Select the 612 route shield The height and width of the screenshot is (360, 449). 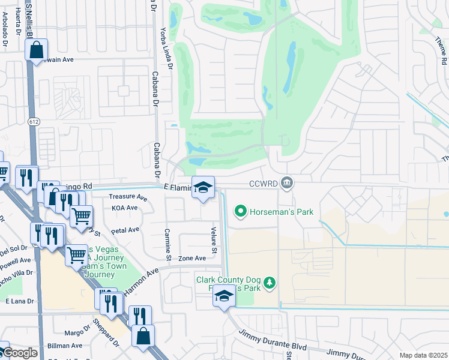pyautogui.click(x=32, y=121)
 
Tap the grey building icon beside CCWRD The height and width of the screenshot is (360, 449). pyautogui.click(x=288, y=182)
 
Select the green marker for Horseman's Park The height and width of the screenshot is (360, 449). pyautogui.click(x=241, y=211)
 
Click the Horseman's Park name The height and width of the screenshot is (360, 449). pyautogui.click(x=282, y=212)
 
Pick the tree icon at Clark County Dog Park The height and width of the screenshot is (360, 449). pyautogui.click(x=270, y=283)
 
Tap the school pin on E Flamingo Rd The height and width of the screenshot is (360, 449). pyautogui.click(x=203, y=188)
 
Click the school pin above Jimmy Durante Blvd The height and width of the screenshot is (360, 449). pyautogui.click(x=224, y=296)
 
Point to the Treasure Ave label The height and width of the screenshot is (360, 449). pyautogui.click(x=128, y=197)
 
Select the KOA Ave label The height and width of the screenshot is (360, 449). pyautogui.click(x=124, y=208)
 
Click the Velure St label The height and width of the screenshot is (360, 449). pyautogui.click(x=213, y=236)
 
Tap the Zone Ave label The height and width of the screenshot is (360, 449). pyautogui.click(x=191, y=258)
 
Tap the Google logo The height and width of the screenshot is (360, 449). pyautogui.click(x=19, y=353)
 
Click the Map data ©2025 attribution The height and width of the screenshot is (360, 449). pyautogui.click(x=423, y=355)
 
